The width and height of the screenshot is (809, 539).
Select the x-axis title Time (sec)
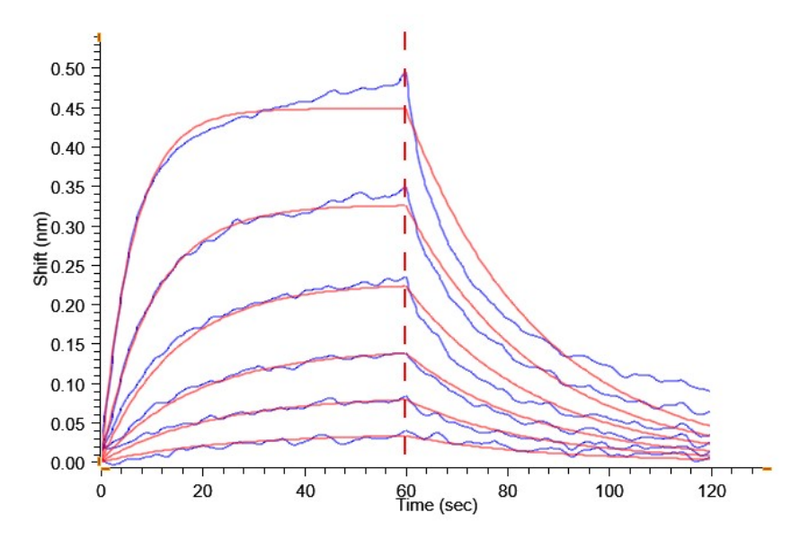tap(438, 506)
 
